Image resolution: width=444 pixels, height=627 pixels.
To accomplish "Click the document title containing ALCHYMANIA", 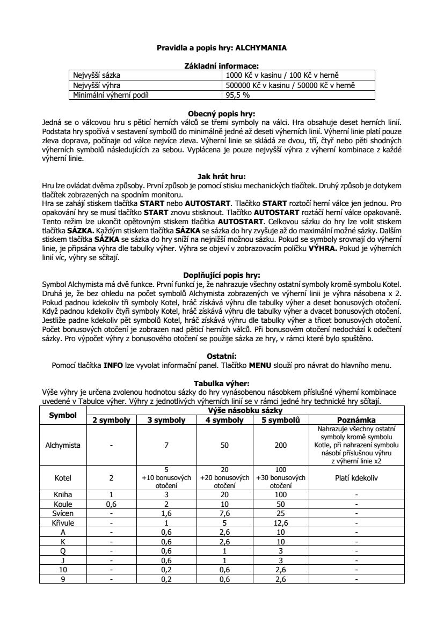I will click(x=222, y=48).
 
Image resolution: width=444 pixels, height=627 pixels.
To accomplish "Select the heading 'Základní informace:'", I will click(x=222, y=65).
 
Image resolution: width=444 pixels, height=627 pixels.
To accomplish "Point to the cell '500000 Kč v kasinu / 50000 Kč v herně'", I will click(x=290, y=85).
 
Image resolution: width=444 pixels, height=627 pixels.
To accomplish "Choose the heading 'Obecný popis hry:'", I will click(x=222, y=114).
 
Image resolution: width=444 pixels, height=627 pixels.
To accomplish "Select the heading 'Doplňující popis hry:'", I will click(x=222, y=274).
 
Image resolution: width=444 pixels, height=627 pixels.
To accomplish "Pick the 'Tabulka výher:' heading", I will click(x=222, y=383).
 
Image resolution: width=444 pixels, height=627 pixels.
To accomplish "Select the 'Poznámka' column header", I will click(x=356, y=420).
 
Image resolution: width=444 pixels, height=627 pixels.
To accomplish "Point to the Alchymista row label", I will click(x=63, y=445).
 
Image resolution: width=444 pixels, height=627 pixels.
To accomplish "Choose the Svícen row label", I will click(x=63, y=514).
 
